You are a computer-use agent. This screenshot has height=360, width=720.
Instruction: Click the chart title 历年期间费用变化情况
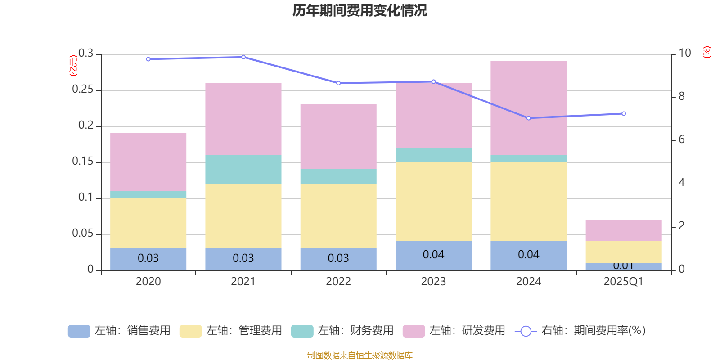click(x=360, y=10)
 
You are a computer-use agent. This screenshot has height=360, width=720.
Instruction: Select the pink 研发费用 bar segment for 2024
click(x=528, y=108)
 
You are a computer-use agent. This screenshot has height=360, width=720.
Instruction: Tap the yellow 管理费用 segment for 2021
click(x=243, y=216)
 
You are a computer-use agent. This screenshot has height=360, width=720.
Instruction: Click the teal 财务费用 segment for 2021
click(x=243, y=169)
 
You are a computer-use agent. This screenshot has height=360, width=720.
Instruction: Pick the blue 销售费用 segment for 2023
click(x=433, y=256)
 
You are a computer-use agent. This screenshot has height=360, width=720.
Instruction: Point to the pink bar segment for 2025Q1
click(x=623, y=230)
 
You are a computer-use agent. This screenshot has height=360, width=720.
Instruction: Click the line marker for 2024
click(x=528, y=118)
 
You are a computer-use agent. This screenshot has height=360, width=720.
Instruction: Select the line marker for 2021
click(x=243, y=57)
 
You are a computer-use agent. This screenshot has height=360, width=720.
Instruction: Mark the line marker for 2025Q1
click(x=623, y=114)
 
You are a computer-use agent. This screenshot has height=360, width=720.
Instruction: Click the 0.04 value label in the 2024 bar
click(x=528, y=255)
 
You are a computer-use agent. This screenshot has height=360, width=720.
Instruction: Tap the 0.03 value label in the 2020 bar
click(x=148, y=258)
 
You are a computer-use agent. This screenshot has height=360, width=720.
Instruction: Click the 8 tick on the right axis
click(x=681, y=96)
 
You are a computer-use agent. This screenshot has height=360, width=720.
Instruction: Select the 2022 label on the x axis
click(x=338, y=282)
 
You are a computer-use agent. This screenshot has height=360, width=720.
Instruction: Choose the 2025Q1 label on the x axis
click(x=623, y=282)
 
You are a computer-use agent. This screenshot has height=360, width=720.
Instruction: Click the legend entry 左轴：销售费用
click(x=119, y=331)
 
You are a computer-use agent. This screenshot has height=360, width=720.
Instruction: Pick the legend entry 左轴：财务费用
click(x=342, y=331)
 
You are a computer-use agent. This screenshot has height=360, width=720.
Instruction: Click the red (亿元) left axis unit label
click(x=73, y=66)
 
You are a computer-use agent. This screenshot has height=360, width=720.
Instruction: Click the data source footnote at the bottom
click(x=360, y=355)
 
